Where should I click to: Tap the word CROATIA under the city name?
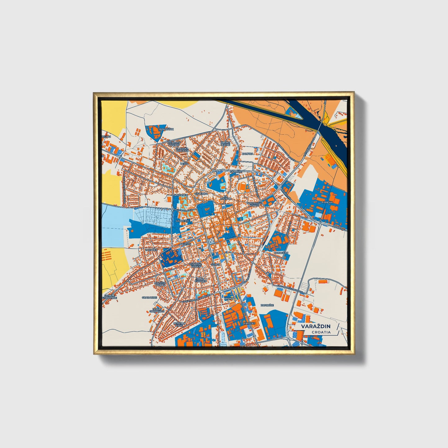pyautogui.click(x=321, y=332)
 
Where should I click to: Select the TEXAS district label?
pyautogui.click(x=184, y=163)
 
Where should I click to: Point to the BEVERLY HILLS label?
pyautogui.click(x=179, y=324)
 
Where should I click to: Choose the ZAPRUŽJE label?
pyautogui.click(x=267, y=305)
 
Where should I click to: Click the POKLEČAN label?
pyautogui.click(x=281, y=253)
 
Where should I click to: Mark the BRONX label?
pyautogui.click(x=228, y=299)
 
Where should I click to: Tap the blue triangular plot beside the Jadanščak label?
pyautogui.click(x=154, y=133)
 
